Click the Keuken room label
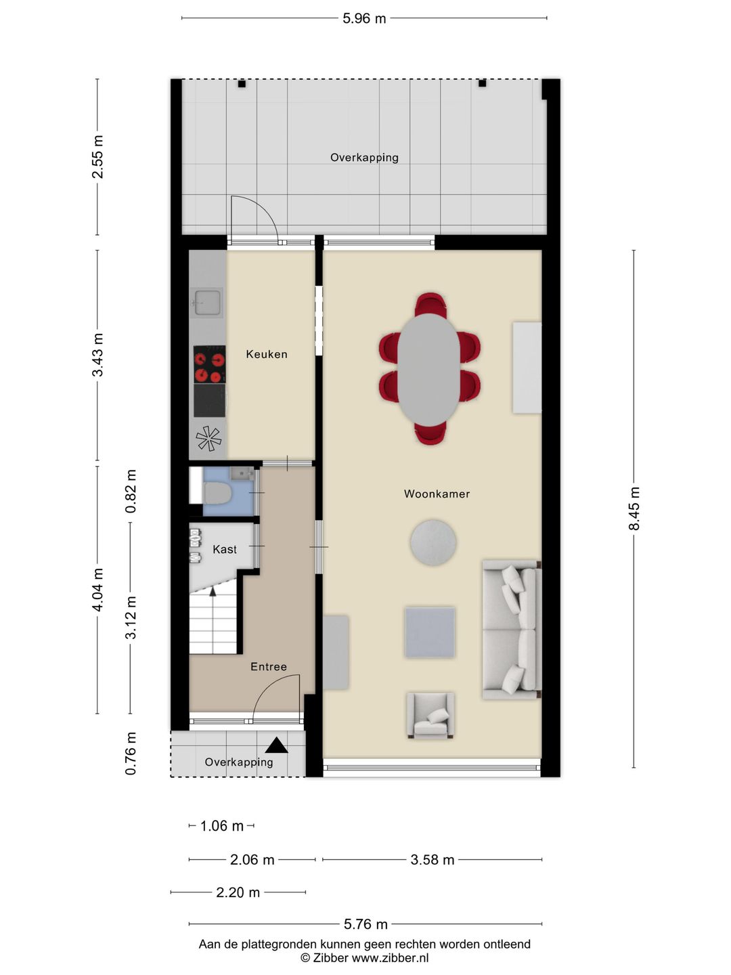point(266,354)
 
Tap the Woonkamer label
point(437,494)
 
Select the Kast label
point(225,550)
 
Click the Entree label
point(269,666)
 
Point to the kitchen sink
point(207,303)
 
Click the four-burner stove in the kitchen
point(210,365)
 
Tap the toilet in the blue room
point(217,493)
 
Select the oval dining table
point(428,370)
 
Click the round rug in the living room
point(433,542)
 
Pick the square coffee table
point(430,632)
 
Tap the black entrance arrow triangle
point(277,745)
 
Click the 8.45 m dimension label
point(634,508)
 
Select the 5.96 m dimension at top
point(364,19)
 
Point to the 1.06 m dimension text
point(221,826)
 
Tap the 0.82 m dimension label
point(131,492)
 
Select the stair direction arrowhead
point(213,591)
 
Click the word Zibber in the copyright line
point(330,957)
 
